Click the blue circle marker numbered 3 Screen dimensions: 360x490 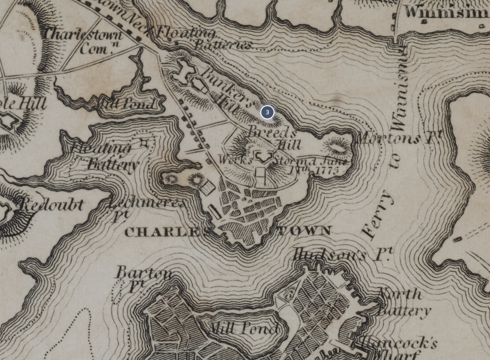(267, 112)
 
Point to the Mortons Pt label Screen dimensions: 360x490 (399, 137)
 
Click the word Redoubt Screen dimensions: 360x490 (52, 205)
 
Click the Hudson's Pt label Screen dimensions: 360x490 (342, 254)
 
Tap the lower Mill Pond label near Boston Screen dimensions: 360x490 (242, 328)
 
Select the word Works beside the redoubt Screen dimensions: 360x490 (235, 160)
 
